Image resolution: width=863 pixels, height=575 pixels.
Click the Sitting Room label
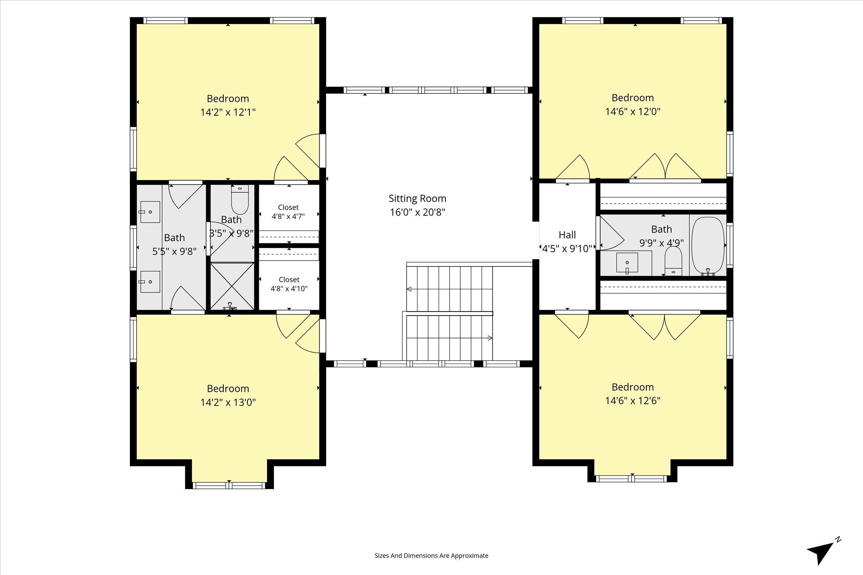[x=417, y=198]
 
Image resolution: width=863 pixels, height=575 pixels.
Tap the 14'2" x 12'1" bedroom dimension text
[x=228, y=112]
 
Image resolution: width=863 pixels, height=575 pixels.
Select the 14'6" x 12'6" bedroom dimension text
[x=633, y=400]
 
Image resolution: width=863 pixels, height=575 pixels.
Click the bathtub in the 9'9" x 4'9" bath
[x=708, y=246]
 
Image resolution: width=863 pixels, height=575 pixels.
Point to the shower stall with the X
[x=232, y=286]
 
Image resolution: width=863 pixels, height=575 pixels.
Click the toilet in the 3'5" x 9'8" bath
[x=240, y=200]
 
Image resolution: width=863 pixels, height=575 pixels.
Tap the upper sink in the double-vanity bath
[x=150, y=212]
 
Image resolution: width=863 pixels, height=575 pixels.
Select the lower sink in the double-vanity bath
[x=150, y=282]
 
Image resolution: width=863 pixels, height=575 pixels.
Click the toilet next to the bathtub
[x=673, y=261]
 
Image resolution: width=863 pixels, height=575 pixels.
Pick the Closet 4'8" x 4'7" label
[x=288, y=212]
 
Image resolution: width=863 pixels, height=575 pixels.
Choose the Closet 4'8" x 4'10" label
[x=289, y=284]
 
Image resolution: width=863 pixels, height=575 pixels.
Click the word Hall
[x=567, y=235]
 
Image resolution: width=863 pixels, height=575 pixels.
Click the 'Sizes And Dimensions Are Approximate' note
[x=431, y=556]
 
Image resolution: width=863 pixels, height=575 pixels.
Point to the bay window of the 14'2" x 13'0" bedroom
[x=229, y=485]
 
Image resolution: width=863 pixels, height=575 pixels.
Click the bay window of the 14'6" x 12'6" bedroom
[x=632, y=479]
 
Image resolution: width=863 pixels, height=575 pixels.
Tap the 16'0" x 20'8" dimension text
[x=417, y=212]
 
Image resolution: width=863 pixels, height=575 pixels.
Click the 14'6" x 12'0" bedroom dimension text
[x=633, y=112]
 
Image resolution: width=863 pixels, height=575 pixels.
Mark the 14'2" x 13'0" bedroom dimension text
[x=228, y=402]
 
